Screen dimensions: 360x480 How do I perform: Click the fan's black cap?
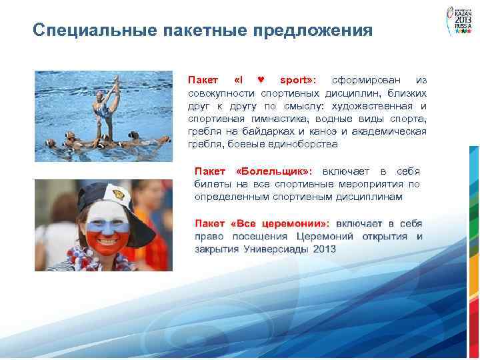(x=113, y=193)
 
